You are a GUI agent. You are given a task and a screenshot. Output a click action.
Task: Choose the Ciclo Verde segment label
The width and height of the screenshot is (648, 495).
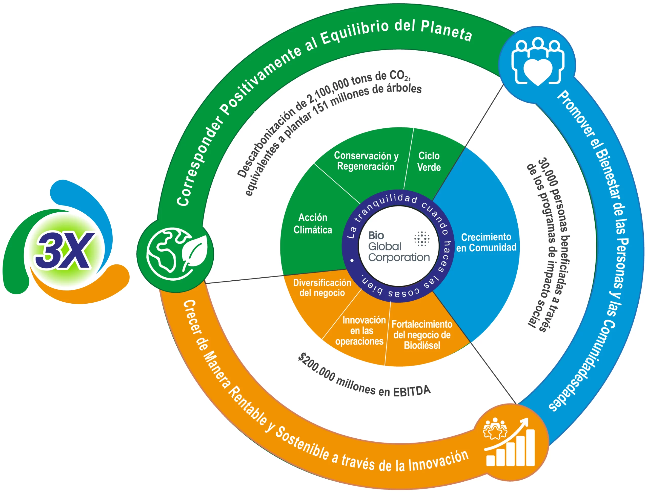[x=429, y=162]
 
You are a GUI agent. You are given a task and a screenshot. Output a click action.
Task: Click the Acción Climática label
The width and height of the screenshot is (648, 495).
[x=313, y=224]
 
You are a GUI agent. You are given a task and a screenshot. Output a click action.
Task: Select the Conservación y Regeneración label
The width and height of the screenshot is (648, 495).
[x=366, y=161]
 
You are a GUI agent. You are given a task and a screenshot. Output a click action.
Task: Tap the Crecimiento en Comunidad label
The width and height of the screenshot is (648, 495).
[x=486, y=242]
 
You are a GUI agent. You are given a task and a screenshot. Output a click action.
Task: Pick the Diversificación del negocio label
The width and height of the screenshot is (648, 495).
[x=322, y=288]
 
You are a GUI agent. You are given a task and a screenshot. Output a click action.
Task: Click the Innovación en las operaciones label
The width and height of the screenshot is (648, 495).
[x=360, y=331]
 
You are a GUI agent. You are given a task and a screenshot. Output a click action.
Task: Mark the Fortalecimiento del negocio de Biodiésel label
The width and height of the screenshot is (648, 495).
[x=422, y=335]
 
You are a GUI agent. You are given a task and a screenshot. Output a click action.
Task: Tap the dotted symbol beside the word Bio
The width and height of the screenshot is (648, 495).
[x=422, y=238]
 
